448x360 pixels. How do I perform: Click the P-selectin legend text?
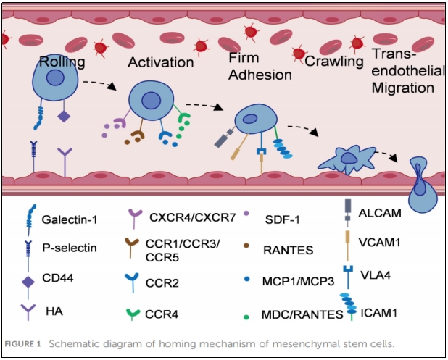tap(66, 248)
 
